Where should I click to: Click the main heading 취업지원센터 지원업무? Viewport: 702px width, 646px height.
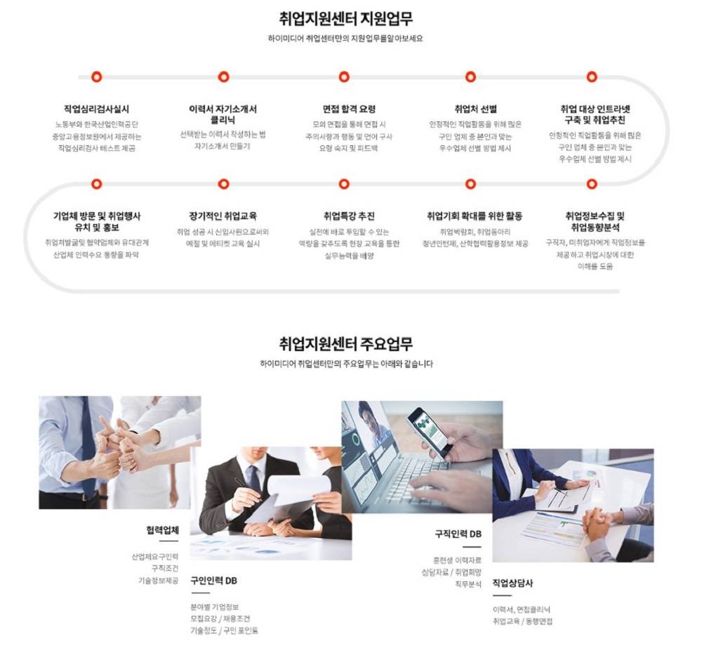[x=345, y=18]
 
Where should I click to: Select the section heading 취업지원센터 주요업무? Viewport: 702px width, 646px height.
[x=345, y=344]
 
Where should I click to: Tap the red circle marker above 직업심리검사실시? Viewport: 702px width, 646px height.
[x=97, y=77]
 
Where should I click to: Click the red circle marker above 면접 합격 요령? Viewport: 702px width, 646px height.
[x=344, y=77]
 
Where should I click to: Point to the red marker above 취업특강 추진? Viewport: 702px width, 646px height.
[x=344, y=184]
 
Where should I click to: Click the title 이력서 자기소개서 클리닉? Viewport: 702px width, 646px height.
[x=223, y=114]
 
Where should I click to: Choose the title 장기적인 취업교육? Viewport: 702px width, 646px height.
[x=223, y=216]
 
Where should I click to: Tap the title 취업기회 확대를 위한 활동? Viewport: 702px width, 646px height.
[x=475, y=216]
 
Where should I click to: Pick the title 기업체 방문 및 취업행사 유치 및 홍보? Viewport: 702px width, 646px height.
[x=97, y=221]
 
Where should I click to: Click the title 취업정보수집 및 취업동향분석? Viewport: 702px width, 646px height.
[x=595, y=221]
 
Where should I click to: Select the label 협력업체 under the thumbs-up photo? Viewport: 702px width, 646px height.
[x=162, y=529]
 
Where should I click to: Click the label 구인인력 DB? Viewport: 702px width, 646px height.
[x=213, y=581]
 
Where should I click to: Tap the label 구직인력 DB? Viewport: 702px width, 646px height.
[x=458, y=534]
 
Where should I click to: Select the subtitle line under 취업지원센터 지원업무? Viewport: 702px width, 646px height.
[x=345, y=39]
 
